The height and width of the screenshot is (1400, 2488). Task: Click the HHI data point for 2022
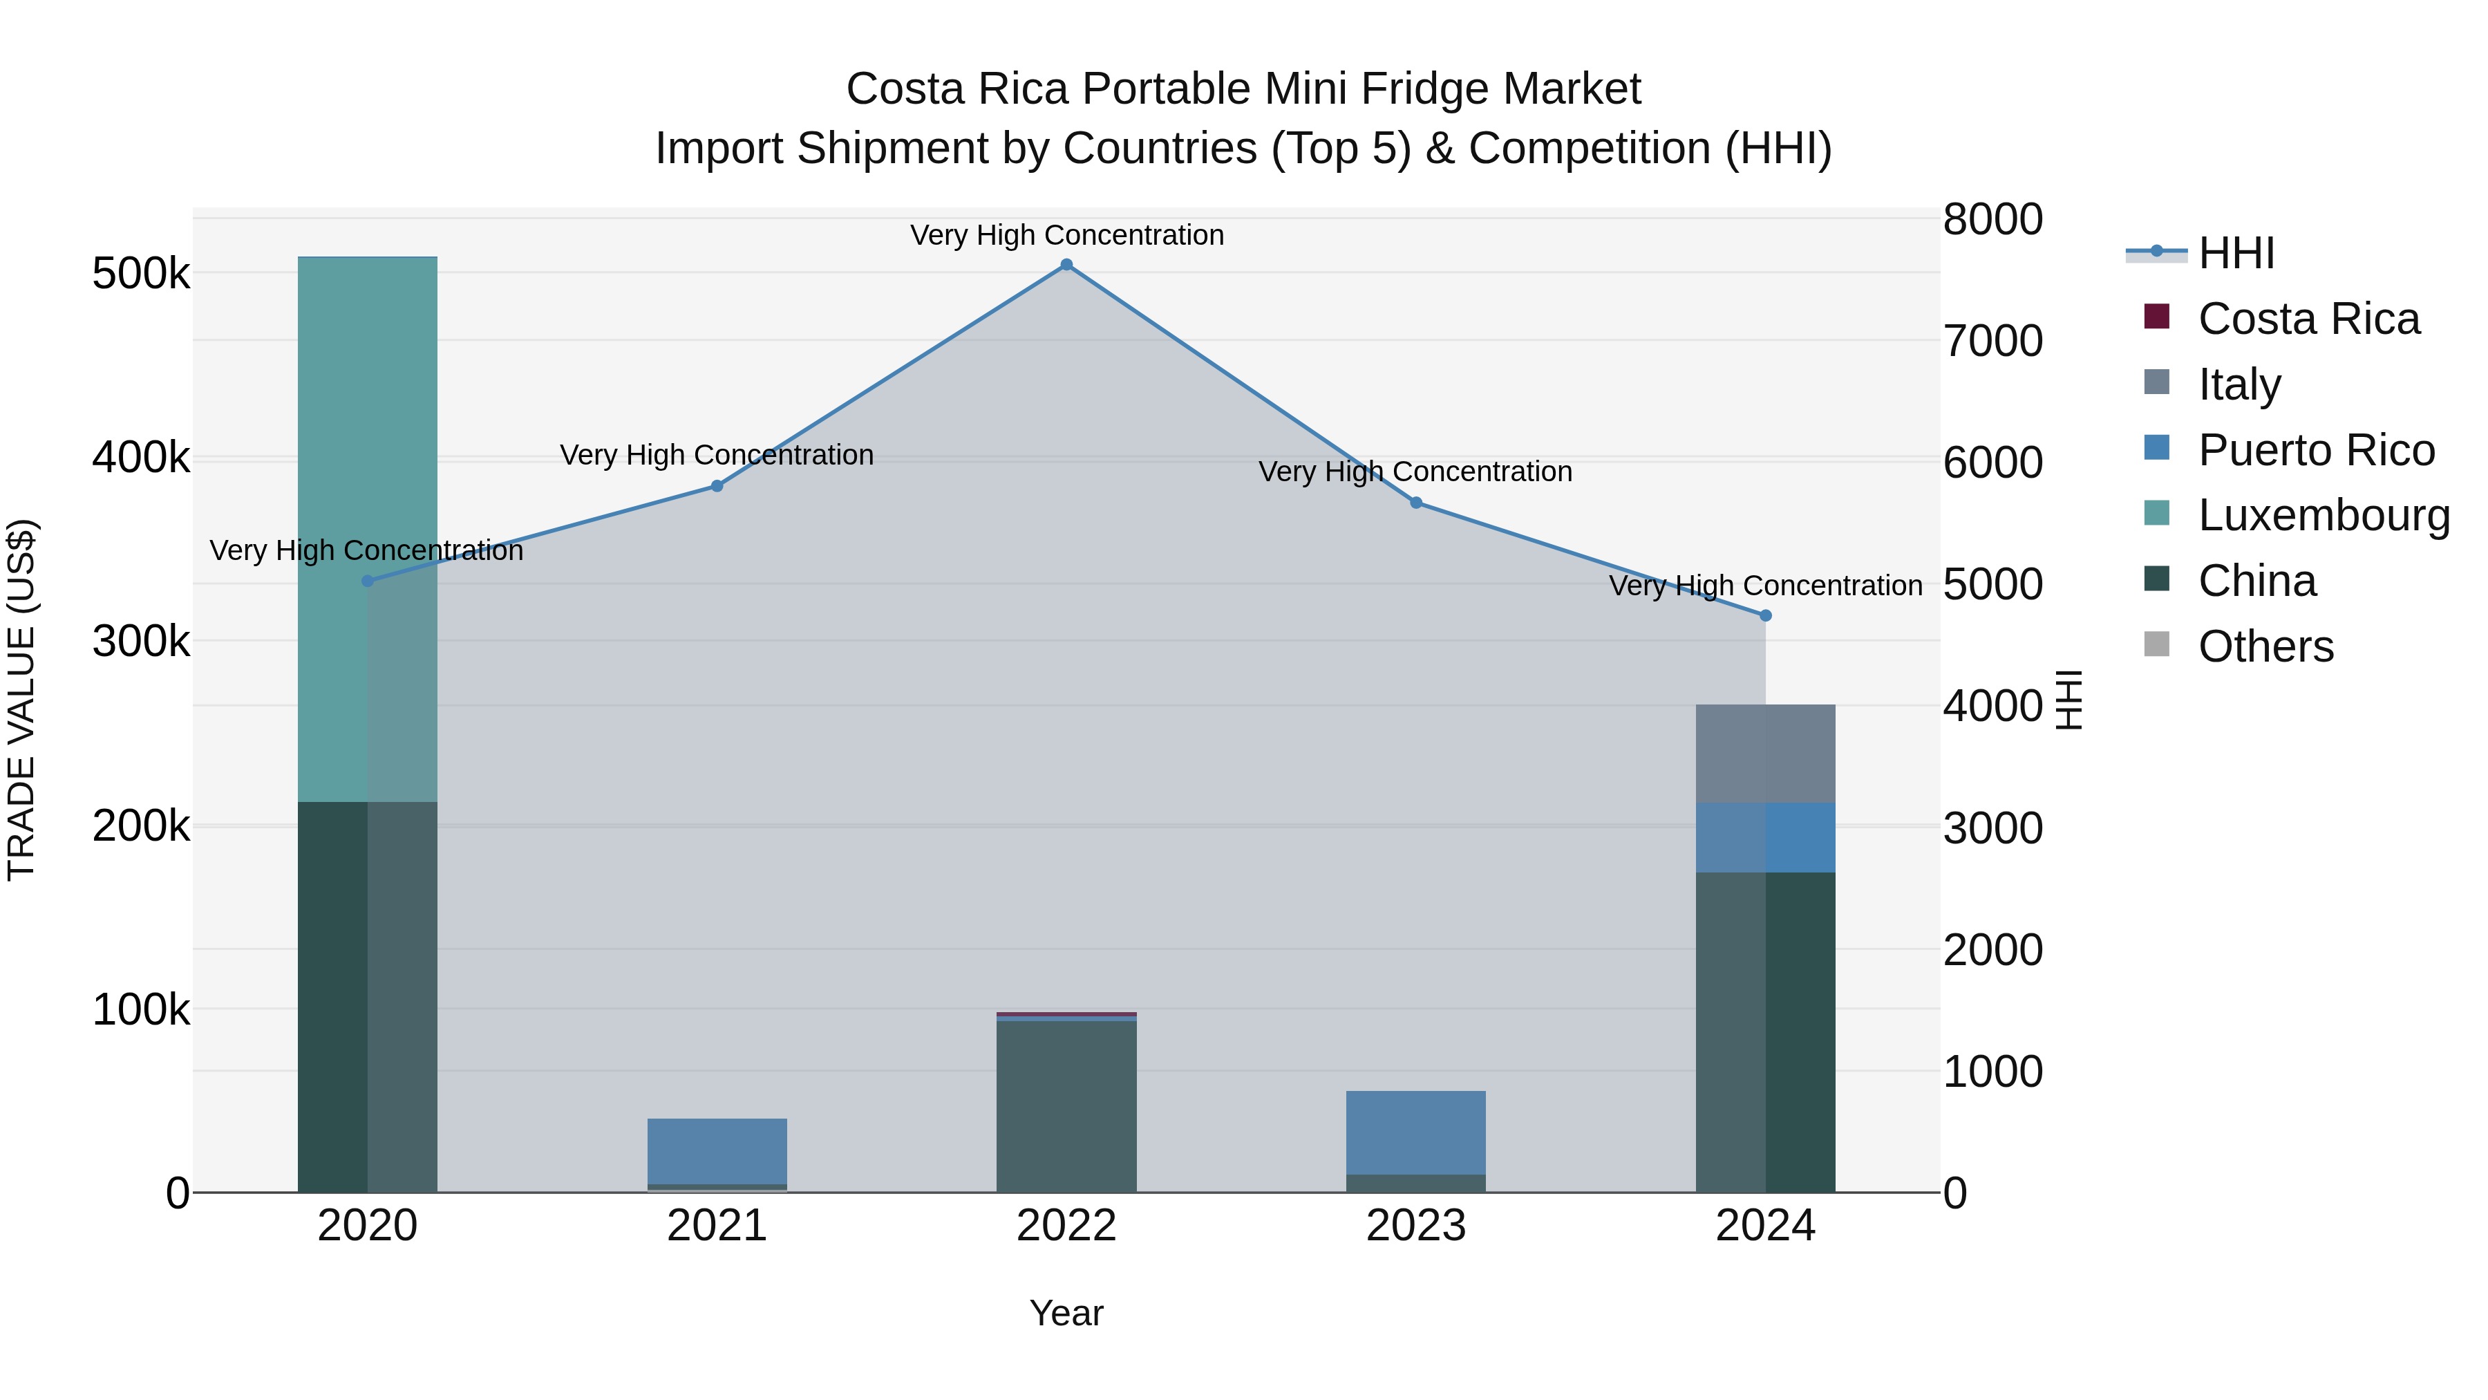pos(1066,265)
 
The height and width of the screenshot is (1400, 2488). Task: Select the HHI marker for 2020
pos(367,581)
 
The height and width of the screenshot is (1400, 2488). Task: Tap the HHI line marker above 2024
pos(1766,615)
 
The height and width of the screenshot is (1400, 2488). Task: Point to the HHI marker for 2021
pos(717,486)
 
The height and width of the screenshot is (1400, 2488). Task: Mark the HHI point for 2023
pos(1416,503)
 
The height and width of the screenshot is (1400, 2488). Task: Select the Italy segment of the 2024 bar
pos(1766,754)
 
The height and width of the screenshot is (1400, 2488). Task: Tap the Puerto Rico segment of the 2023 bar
pos(1416,1132)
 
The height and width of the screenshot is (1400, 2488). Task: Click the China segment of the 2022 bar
pos(1066,1106)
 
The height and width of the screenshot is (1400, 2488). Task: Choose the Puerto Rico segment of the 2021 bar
pos(717,1150)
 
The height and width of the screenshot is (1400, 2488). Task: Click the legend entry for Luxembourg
pos(2323,515)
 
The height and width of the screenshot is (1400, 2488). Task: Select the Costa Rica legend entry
pos(2308,319)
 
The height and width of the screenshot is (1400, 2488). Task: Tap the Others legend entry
pos(2265,646)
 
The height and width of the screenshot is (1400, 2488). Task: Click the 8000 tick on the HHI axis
pos(1992,219)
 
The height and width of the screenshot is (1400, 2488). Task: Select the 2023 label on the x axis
pos(1416,1226)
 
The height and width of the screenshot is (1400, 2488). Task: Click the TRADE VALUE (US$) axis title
pos(22,700)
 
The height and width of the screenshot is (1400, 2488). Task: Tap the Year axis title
pos(1066,1313)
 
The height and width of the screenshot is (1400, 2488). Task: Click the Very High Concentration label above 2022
pos(1066,235)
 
